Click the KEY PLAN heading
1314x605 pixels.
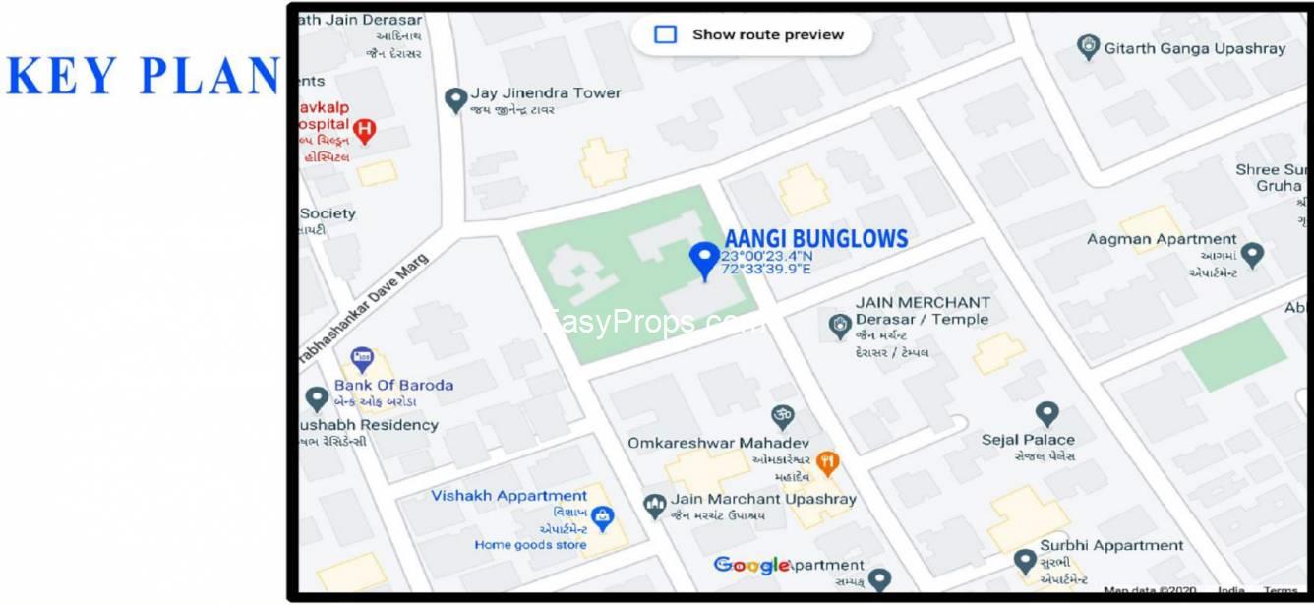(x=143, y=76)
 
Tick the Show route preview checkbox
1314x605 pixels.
(x=666, y=34)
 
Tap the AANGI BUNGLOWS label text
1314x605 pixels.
(x=815, y=238)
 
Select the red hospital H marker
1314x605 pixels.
(x=365, y=129)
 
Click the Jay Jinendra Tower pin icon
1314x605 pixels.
(x=455, y=99)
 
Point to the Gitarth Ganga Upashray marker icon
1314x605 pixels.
(x=1087, y=47)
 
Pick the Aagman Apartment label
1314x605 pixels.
(x=1162, y=239)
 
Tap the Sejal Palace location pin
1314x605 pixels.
(x=1047, y=413)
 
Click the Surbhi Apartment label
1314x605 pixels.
(x=1111, y=545)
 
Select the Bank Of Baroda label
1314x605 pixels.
(x=393, y=385)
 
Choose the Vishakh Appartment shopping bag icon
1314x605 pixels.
(x=603, y=515)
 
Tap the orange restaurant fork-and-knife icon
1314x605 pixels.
(x=828, y=460)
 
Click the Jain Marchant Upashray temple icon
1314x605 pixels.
(x=654, y=506)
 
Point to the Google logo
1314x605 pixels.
(x=750, y=565)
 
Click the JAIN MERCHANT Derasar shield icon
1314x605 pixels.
(x=839, y=326)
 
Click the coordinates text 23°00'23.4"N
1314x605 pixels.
(x=766, y=256)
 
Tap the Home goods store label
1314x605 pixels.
(x=530, y=545)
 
